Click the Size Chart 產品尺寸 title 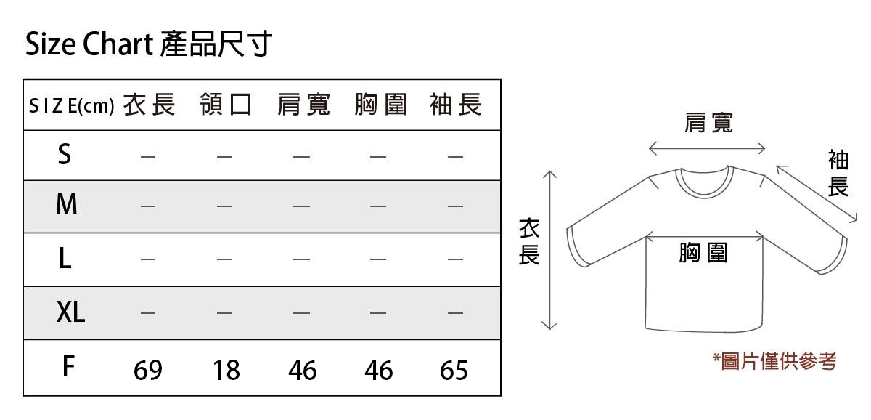[148, 44]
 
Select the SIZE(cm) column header [72, 106]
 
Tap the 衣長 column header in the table [150, 105]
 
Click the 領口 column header [226, 105]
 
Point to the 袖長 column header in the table [456, 105]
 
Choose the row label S [65, 154]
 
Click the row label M [67, 204]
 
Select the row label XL [70, 312]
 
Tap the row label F [68, 366]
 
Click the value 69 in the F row [148, 370]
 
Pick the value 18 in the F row [226, 370]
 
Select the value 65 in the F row [454, 370]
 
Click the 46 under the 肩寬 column [303, 370]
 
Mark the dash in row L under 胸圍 [378, 259]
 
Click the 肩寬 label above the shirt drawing [708, 123]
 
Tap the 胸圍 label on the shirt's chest [703, 253]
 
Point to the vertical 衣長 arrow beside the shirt [549, 250]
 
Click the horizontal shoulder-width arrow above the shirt [707, 148]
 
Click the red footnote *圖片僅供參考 [774, 362]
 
